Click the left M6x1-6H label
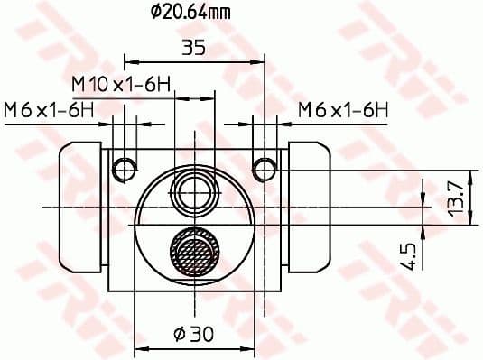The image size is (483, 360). click(x=47, y=110)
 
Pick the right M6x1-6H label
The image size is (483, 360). click(x=343, y=110)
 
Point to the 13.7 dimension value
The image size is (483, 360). click(x=457, y=195)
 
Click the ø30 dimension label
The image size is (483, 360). click(x=194, y=336)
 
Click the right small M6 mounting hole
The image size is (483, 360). click(x=264, y=168)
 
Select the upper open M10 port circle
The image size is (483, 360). click(x=194, y=192)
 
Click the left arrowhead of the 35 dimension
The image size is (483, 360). click(x=127, y=62)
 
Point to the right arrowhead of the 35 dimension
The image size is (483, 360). click(x=262, y=62)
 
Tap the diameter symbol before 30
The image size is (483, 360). click(x=179, y=336)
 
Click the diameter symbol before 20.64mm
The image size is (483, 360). click(x=154, y=13)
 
